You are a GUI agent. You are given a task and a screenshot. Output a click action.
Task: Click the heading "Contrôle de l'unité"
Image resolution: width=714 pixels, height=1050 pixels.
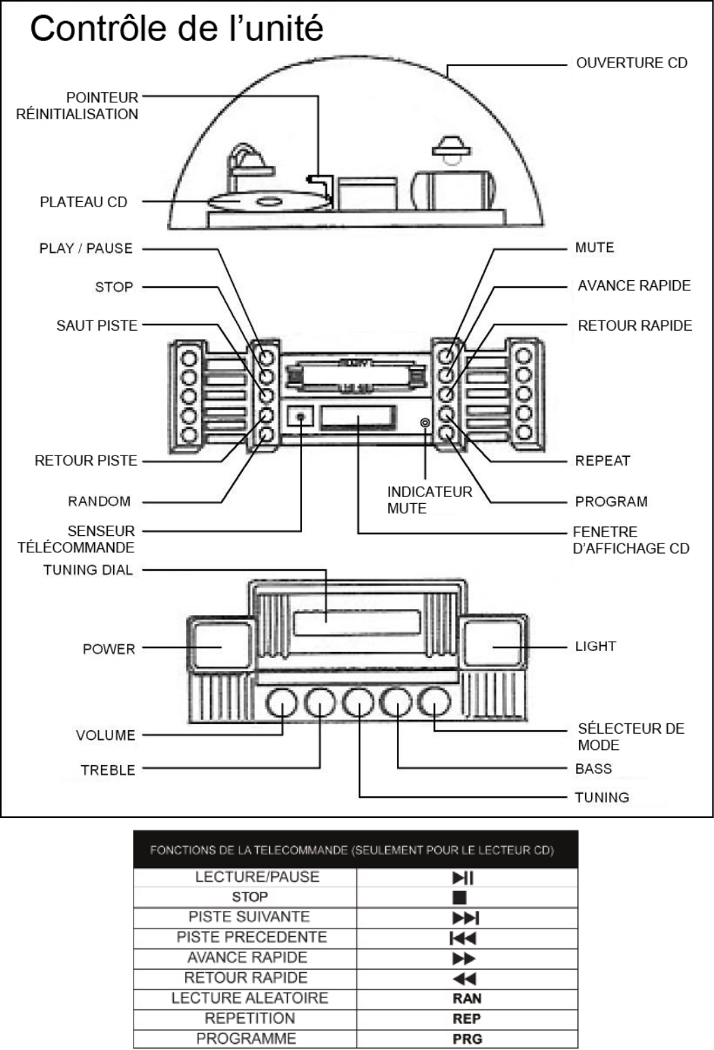click(x=176, y=29)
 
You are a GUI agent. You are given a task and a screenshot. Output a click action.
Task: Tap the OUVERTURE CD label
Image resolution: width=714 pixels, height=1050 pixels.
click(x=631, y=63)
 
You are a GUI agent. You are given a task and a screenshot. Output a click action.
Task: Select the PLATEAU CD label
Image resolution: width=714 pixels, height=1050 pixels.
click(x=83, y=202)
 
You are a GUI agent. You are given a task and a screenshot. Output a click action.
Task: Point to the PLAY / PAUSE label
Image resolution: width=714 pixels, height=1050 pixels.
click(x=86, y=248)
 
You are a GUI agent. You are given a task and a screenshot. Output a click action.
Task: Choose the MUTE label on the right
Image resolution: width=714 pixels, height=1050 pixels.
click(x=595, y=247)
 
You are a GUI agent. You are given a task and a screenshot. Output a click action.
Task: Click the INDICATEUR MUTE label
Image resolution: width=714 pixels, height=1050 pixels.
click(x=429, y=500)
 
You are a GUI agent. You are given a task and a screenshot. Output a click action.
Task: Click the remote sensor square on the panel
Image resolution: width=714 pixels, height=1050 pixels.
click(x=300, y=415)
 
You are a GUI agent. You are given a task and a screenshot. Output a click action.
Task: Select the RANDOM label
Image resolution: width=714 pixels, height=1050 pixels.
click(x=99, y=501)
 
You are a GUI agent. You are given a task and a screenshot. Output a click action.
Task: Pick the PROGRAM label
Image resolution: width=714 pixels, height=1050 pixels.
click(x=611, y=501)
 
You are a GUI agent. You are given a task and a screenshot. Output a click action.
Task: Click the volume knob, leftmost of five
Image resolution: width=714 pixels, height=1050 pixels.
click(x=282, y=703)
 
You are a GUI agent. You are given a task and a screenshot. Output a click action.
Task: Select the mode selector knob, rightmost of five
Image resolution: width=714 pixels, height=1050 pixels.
click(x=434, y=702)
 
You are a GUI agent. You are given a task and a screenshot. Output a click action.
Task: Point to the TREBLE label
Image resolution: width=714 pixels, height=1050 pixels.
click(x=108, y=770)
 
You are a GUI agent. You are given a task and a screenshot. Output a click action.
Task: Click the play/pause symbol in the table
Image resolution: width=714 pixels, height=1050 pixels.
click(x=463, y=877)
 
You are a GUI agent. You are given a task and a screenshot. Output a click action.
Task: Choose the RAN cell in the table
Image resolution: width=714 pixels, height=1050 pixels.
click(x=466, y=998)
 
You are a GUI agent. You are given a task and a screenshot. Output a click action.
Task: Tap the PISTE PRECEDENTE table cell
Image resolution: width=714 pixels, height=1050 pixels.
click(x=252, y=937)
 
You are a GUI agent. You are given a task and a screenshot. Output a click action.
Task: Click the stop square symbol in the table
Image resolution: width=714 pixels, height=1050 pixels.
click(x=460, y=897)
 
